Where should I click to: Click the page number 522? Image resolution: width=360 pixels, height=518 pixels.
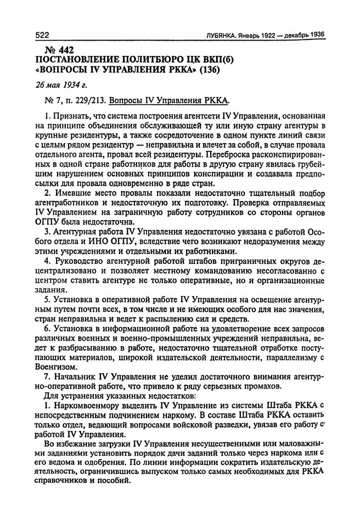(x=43, y=35)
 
